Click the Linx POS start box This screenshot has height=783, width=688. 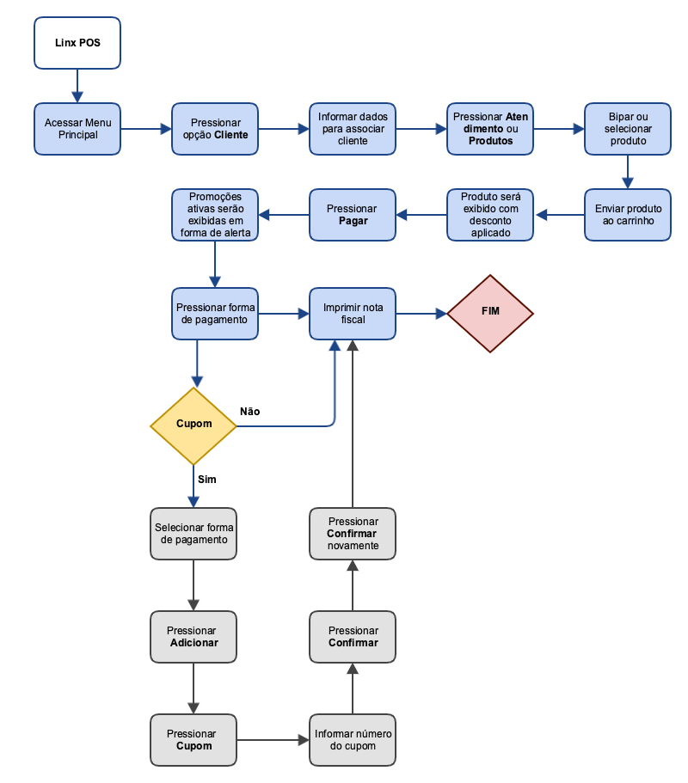pos(77,42)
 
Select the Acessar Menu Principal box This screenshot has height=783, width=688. pos(77,129)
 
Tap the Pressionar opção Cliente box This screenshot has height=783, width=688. pos(215,129)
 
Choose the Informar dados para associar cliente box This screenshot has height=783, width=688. pos(353,129)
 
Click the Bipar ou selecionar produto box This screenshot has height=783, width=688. pos(628,129)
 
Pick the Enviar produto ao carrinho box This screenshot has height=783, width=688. pos(628,215)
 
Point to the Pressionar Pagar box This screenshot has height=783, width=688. pos(353,215)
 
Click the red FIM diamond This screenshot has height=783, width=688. pos(490,313)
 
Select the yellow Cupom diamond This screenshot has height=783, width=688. pos(193,425)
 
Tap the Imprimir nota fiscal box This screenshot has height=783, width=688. pos(353,313)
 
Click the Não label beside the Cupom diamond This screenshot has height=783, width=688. pos(250,412)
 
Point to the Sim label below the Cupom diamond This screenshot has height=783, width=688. pos(207,479)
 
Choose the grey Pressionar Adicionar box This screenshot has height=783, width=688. pos(193,637)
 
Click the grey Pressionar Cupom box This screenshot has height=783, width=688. pos(193,739)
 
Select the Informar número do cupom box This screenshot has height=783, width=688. pos(353,739)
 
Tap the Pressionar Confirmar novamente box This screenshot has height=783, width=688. pos(353,533)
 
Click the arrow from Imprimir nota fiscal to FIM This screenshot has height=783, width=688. pos(421,314)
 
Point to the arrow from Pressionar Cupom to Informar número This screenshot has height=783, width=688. pos(273,739)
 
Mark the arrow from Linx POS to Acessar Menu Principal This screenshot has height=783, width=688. pos(77,86)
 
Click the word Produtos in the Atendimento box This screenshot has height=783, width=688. pos(490,141)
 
